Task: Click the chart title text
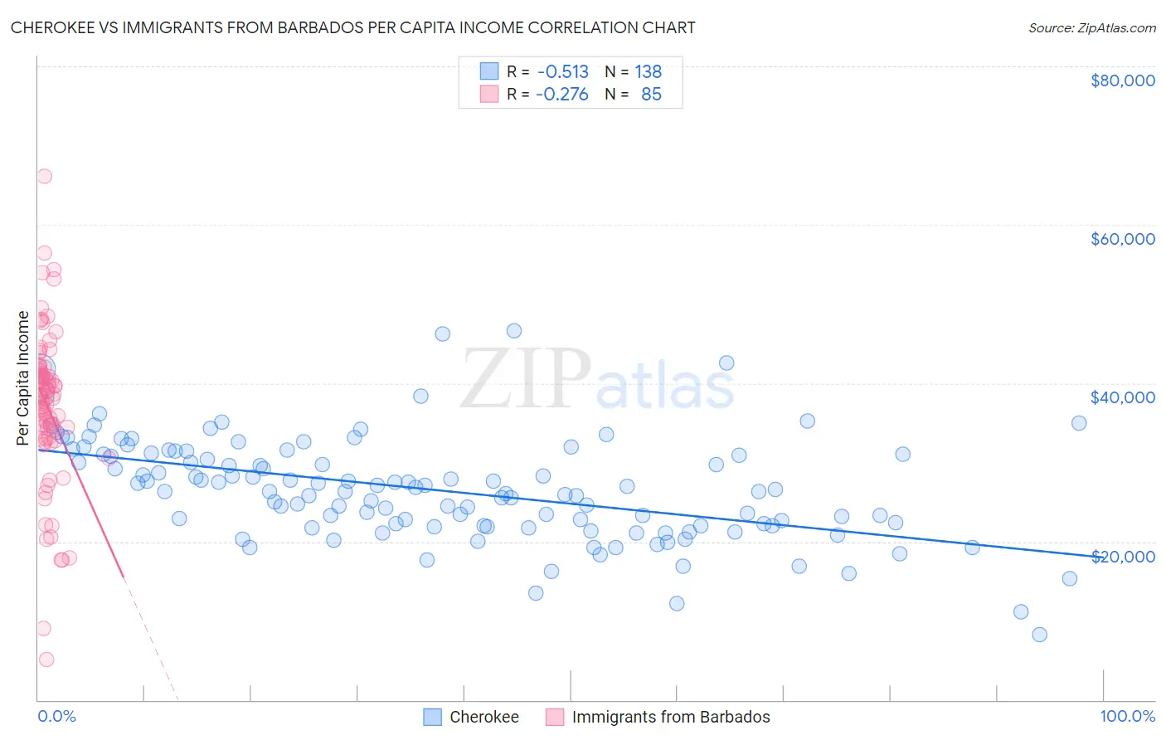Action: [x=352, y=27]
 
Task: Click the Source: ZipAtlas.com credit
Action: [x=1091, y=27]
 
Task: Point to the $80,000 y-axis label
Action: [x=1122, y=80]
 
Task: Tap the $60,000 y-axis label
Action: [x=1122, y=239]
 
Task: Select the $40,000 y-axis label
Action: [x=1122, y=397]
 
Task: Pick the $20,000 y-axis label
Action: [x=1122, y=556]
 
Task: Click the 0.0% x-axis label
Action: [x=56, y=717]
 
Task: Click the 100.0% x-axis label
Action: [x=1127, y=717]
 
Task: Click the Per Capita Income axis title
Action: [x=23, y=377]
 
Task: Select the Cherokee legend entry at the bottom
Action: [x=483, y=717]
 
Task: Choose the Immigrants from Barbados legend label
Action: [x=670, y=717]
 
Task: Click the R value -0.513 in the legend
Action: [x=562, y=71]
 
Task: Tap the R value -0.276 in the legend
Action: [x=562, y=95]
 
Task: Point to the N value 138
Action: [x=648, y=71]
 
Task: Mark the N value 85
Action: [x=651, y=95]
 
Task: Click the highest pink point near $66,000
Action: [x=44, y=176]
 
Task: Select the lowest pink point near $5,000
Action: [x=46, y=660]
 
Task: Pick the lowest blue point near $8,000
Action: [x=1039, y=635]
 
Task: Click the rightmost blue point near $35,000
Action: [x=1079, y=423]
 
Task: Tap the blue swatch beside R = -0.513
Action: [x=489, y=71]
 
